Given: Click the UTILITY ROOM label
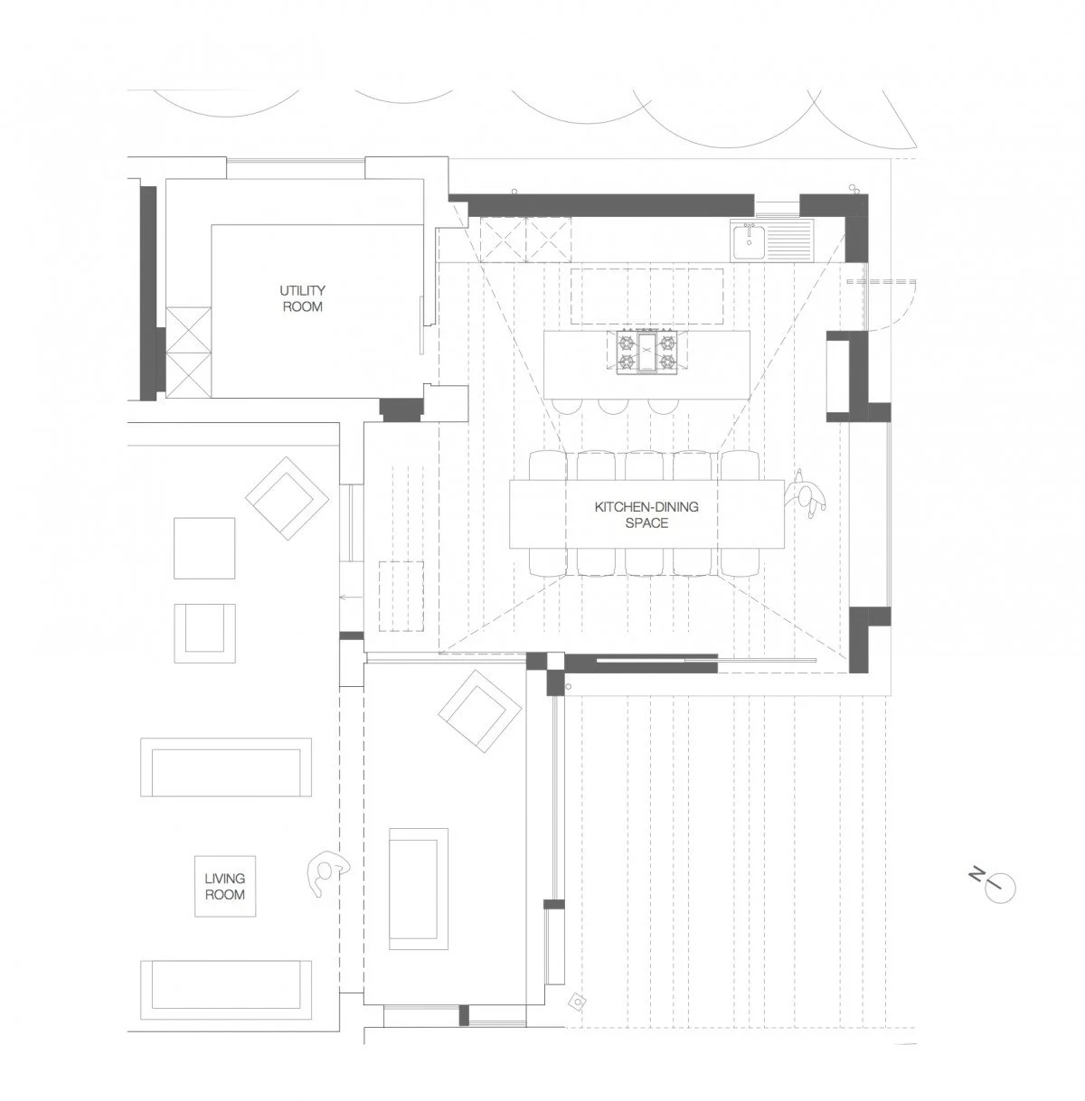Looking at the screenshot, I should pyautogui.click(x=302, y=298).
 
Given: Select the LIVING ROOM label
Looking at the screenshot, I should pyautogui.click(x=224, y=886).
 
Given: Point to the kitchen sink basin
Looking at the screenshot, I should pyautogui.click(x=750, y=241).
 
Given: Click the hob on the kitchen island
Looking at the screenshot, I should pyautogui.click(x=646, y=351).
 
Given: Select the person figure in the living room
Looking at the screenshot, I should pyautogui.click(x=325, y=872).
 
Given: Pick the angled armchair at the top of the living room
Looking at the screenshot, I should pyautogui.click(x=288, y=497).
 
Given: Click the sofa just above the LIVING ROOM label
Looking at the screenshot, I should pyautogui.click(x=227, y=767).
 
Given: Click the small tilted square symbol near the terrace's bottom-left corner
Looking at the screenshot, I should pyautogui.click(x=575, y=1002).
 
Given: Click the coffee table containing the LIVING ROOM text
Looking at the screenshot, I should pyautogui.click(x=224, y=886).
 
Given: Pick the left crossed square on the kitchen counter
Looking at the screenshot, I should pyautogui.click(x=502, y=240).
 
